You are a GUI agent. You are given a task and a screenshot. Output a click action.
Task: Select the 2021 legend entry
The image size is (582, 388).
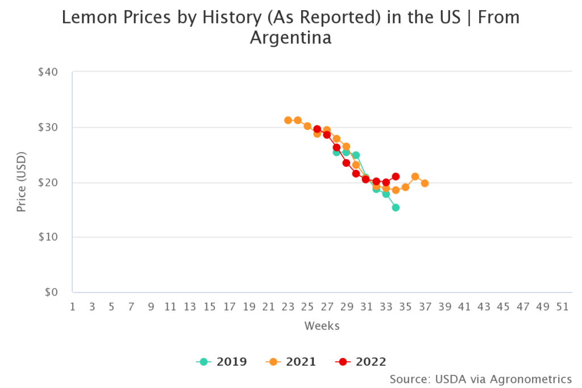coord(290,362)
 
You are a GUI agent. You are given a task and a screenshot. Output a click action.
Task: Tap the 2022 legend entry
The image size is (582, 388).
coord(360,362)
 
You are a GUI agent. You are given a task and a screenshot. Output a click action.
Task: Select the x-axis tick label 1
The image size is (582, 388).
coord(73,307)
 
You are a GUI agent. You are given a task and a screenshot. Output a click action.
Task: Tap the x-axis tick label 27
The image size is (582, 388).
coord(327,307)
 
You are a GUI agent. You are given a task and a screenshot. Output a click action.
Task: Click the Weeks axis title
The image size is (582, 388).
coord(322,326)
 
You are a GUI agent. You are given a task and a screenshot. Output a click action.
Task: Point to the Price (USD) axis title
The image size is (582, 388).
coord(22,182)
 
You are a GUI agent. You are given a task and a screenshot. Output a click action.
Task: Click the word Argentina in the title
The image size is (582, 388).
coord(290,39)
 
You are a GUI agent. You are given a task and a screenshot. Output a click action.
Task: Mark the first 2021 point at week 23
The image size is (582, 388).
coord(288,120)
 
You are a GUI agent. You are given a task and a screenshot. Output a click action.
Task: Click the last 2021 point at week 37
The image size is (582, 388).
coord(425,183)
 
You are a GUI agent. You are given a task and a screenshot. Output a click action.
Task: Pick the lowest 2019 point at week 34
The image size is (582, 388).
coord(396,207)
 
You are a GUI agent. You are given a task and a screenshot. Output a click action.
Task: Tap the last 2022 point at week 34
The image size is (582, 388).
coord(396,176)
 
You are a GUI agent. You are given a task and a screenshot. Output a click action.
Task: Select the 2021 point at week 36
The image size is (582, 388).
coord(415,176)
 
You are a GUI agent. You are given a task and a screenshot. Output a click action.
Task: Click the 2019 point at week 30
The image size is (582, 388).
coord(356,155)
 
